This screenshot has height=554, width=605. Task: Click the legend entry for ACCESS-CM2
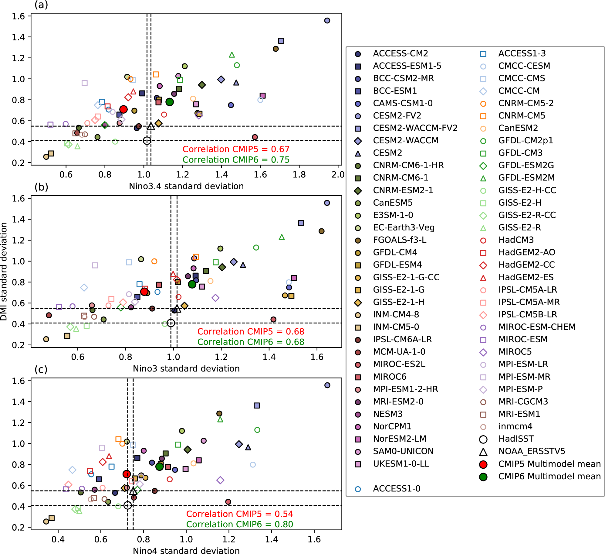pyautogui.click(x=400, y=53)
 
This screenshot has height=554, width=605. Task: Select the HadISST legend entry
pyautogui.click(x=516, y=439)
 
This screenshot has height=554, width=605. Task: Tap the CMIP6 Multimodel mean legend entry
pyautogui.click(x=549, y=476)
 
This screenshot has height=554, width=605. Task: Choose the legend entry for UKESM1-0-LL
pyautogui.click(x=401, y=464)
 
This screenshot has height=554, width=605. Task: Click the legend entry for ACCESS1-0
pyautogui.click(x=397, y=489)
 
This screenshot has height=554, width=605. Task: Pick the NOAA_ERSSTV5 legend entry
pyautogui.click(x=532, y=451)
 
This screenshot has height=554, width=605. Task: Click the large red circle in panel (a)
pyautogui.click(x=123, y=109)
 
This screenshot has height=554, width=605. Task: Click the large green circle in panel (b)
pyautogui.click(x=192, y=284)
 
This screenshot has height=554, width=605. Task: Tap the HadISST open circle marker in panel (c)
pyautogui.click(x=128, y=505)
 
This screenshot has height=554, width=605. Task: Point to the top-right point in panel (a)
pyautogui.click(x=327, y=21)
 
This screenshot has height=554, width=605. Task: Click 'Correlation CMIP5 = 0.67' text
pyautogui.click(x=236, y=149)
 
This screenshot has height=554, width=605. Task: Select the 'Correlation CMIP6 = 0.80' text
pyautogui.click(x=239, y=524)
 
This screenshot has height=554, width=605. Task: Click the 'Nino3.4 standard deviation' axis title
pyautogui.click(x=186, y=186)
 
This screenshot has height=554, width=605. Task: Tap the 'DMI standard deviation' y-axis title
pyautogui.click(x=4, y=271)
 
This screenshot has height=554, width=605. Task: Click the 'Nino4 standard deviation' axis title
pyautogui.click(x=186, y=551)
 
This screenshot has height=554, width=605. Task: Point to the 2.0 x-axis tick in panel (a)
pyautogui.click(x=338, y=175)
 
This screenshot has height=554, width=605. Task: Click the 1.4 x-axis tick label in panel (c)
pyautogui.click(x=271, y=539)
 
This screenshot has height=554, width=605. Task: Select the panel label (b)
pyautogui.click(x=41, y=187)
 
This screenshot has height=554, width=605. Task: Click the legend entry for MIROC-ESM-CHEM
pyautogui.click(x=537, y=327)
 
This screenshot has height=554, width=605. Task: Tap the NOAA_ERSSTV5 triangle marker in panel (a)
pyautogui.click(x=151, y=126)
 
